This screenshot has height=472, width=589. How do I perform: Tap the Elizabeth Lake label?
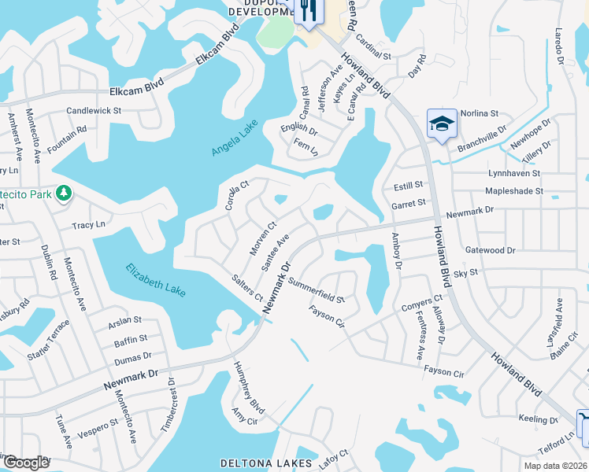click(156, 279)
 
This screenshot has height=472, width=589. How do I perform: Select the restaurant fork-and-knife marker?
click(307, 11)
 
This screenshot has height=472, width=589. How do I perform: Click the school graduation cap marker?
click(441, 124)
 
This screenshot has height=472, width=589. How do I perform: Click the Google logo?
click(25, 463)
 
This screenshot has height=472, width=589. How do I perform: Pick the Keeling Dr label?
click(537, 419)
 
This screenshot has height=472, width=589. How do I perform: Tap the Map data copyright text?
click(555, 466)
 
